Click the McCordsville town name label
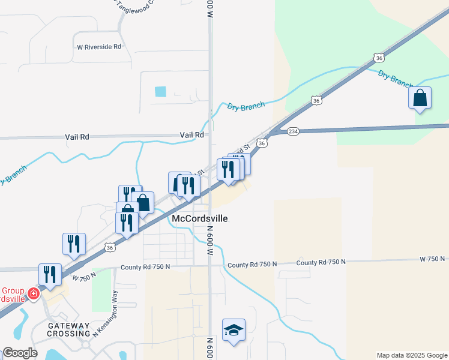[x=200, y=218]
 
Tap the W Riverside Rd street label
[x=99, y=46]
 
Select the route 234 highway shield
[x=293, y=131]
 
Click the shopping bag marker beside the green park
[x=420, y=98]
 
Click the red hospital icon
[x=34, y=293]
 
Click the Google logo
[x=20, y=353]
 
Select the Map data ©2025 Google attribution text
[x=411, y=355]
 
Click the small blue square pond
[x=160, y=92]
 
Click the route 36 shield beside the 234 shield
[x=262, y=143]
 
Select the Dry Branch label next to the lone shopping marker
[x=394, y=78]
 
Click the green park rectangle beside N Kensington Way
[x=102, y=290]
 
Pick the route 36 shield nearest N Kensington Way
[x=109, y=247]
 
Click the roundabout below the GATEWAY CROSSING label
[x=86, y=345]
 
